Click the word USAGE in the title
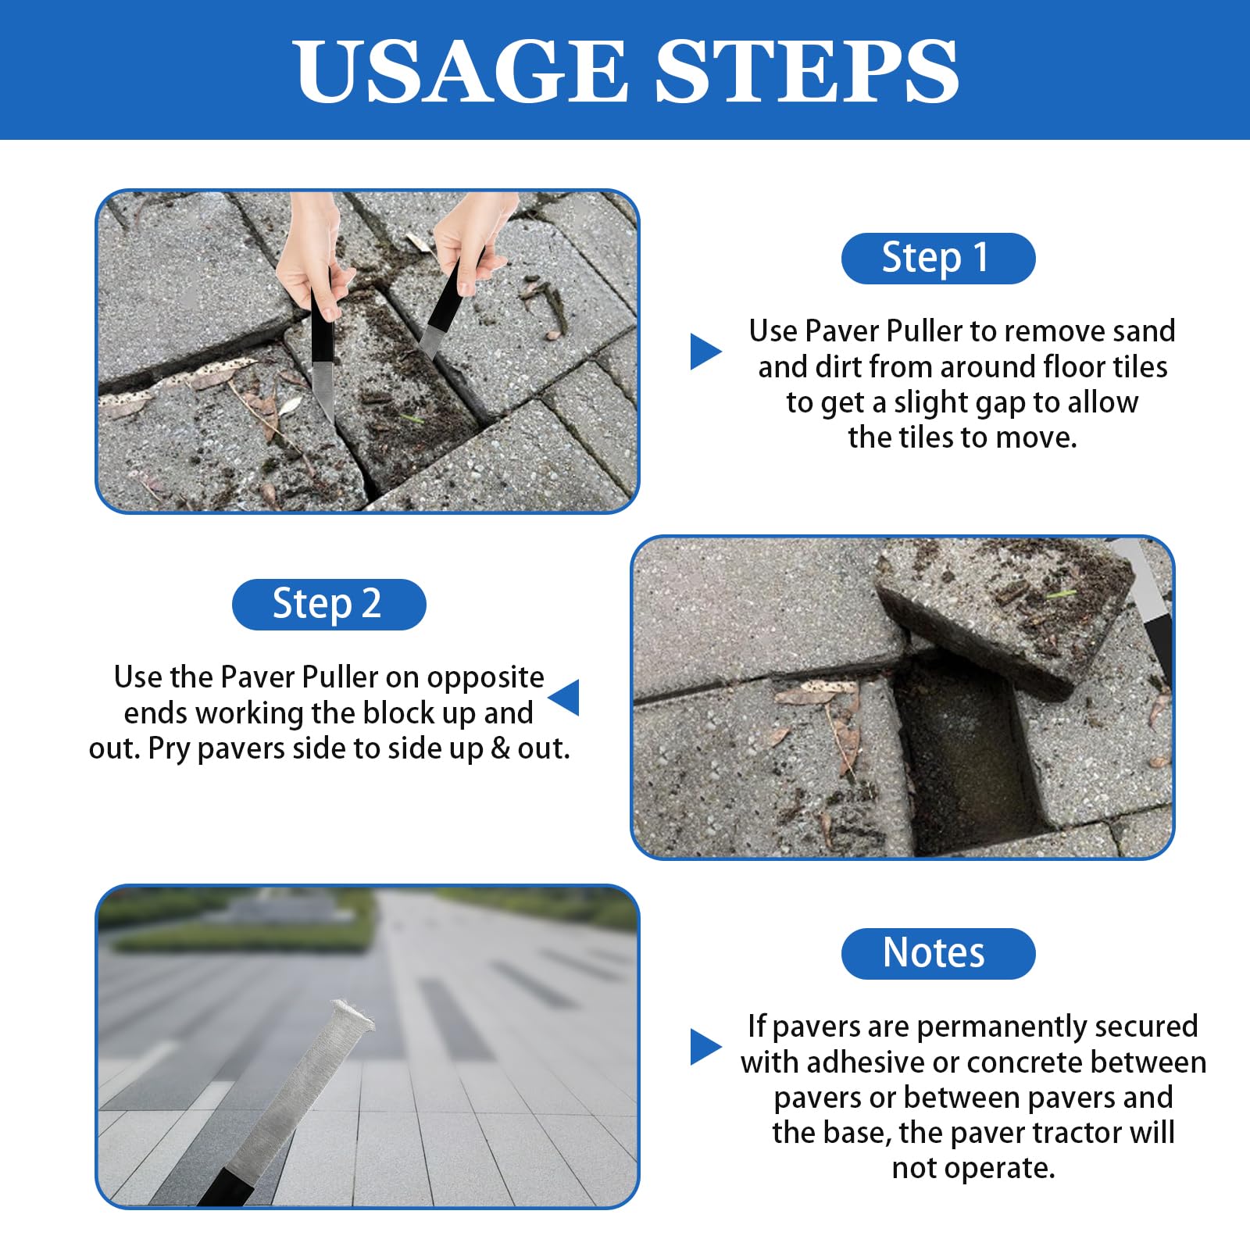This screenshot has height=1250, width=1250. pyautogui.click(x=462, y=71)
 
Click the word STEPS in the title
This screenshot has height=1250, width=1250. pyautogui.click(x=807, y=71)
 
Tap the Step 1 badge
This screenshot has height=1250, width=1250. pyautogui.click(x=937, y=258)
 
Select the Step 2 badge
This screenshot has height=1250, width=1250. pyautogui.click(x=329, y=604)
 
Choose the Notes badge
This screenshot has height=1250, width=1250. pyautogui.click(x=937, y=953)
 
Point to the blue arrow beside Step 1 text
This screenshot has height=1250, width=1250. pyautogui.click(x=705, y=352)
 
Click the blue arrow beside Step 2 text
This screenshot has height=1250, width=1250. pyautogui.click(x=563, y=697)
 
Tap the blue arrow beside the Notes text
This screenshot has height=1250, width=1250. pyautogui.click(x=705, y=1047)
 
